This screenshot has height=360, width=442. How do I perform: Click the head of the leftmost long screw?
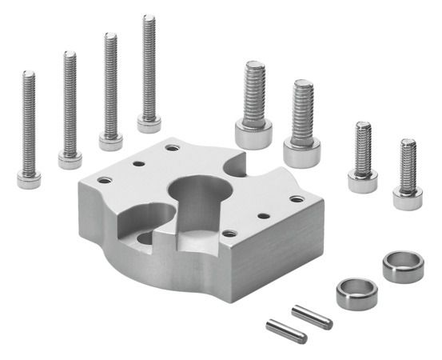[29, 178]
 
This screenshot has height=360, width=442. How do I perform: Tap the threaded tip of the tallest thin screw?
[149, 24]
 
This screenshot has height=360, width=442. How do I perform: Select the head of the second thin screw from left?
[70, 160]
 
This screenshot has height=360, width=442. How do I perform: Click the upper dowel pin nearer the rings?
[311, 316]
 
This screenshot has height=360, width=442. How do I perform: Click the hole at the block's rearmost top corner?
[173, 147]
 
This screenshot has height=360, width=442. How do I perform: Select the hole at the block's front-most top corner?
[229, 234]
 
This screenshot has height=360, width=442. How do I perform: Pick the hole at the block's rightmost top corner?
[297, 198]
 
